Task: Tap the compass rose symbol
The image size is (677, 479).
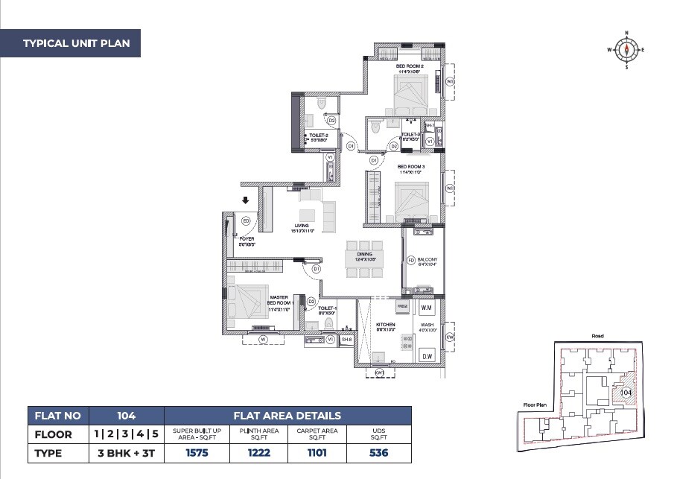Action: [x=626, y=50]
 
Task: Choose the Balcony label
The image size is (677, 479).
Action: [x=428, y=261]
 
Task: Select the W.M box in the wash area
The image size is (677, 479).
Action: [x=427, y=307]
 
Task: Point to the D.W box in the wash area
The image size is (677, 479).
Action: [x=427, y=356]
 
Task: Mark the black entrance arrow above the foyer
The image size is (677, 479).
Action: [x=245, y=200]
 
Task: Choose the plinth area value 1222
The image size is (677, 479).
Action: [x=259, y=452]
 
